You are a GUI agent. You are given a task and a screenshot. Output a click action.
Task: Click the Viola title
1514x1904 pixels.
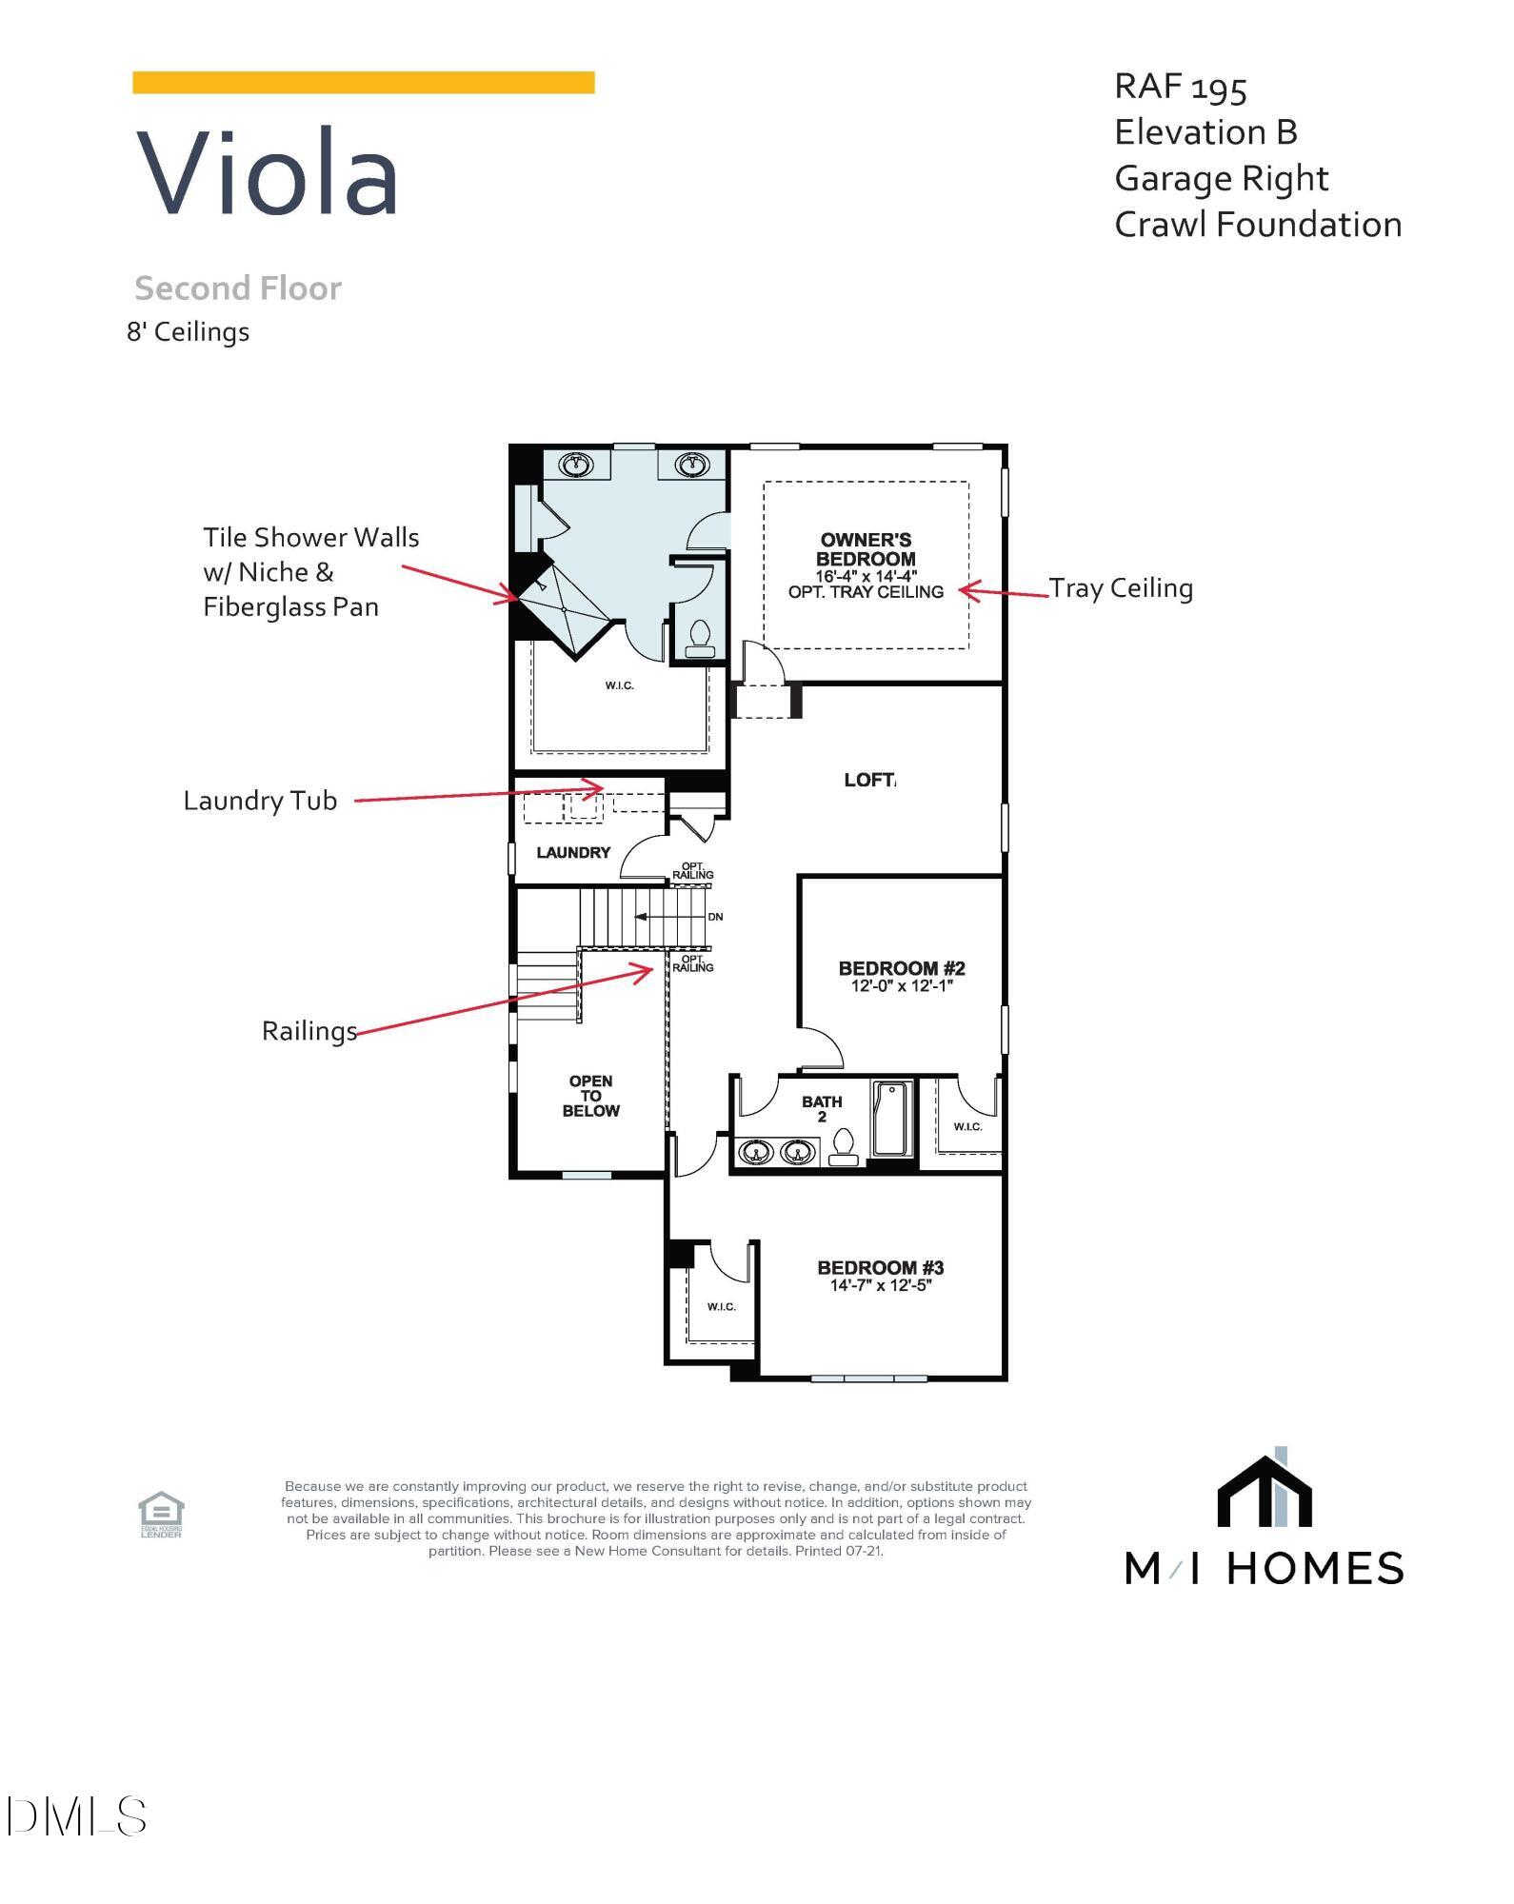coord(268,173)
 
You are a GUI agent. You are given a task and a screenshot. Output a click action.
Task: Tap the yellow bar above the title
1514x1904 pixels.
coord(363,83)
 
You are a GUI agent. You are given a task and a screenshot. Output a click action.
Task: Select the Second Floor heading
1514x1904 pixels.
coord(238,288)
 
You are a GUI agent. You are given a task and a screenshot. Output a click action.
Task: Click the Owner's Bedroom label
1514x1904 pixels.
coord(866,549)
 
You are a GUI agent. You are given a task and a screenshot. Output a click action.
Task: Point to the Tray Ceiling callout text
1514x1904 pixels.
coord(1121,588)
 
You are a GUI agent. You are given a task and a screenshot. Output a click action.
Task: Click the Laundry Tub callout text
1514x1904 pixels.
coord(260,801)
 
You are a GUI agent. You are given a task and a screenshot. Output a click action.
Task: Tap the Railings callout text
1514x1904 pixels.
coord(309,1031)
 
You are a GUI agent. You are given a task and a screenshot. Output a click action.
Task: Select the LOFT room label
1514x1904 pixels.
coord(869,780)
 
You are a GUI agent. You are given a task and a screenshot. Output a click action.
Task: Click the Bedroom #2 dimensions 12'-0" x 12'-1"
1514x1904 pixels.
coord(902,986)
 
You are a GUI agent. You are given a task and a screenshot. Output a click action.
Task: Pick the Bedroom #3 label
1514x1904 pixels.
coord(881,1267)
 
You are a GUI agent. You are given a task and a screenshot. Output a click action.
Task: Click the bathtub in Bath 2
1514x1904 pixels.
coord(893,1119)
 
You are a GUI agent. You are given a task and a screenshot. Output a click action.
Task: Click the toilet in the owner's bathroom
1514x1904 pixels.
coord(700,638)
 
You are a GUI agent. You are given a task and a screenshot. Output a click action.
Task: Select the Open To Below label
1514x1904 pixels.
coord(590,1096)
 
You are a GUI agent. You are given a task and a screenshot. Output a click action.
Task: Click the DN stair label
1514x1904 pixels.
coord(715,917)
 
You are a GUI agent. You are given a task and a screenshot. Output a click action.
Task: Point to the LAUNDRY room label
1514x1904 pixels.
coord(573,852)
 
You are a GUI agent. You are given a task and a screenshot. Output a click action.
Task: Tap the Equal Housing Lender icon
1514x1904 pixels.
coord(161,1514)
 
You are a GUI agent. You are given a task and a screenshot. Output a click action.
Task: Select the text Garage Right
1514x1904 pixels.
coord(1221,178)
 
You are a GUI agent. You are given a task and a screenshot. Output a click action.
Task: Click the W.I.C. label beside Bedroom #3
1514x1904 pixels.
coord(722,1306)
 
